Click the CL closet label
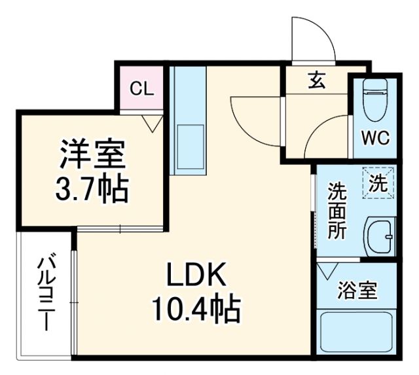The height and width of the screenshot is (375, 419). pos(141,89)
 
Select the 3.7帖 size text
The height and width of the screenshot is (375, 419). pos(92,190)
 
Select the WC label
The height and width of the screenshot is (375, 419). pos(376,139)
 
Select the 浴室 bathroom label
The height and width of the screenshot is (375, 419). pos(357,290)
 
